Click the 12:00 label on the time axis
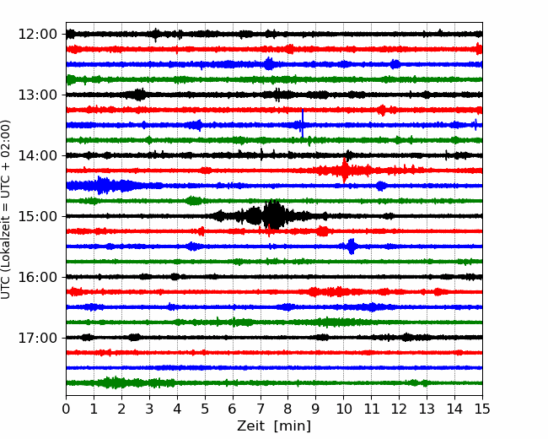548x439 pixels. click(x=37, y=35)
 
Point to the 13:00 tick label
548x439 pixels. click(x=37, y=95)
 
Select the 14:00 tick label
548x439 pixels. click(x=37, y=155)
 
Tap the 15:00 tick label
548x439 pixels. click(x=37, y=216)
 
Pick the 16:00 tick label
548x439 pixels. click(x=37, y=277)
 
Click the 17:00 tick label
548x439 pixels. click(x=37, y=338)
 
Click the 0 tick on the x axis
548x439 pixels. click(x=66, y=409)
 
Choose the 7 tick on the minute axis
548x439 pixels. click(x=261, y=409)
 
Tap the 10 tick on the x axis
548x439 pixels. click(x=343, y=409)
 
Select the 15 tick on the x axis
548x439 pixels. click(x=482, y=409)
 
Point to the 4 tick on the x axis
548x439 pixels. click(x=177, y=409)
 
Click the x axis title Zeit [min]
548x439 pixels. click(x=274, y=426)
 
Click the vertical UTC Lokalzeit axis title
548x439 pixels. click(x=5, y=209)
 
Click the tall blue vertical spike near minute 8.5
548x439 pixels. click(x=303, y=123)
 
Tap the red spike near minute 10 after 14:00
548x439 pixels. click(x=344, y=171)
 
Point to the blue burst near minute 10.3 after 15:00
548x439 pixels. click(x=352, y=247)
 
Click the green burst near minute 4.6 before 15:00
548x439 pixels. click(x=193, y=201)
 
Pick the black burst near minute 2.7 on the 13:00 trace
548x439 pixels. click(x=139, y=95)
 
